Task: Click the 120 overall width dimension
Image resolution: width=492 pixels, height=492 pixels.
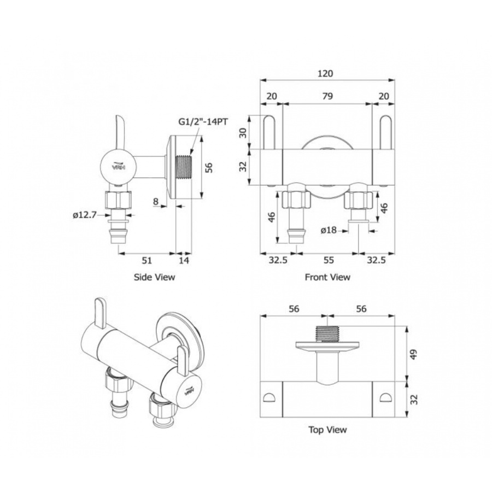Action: [325, 73]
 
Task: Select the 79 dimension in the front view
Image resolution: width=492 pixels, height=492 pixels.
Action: [327, 96]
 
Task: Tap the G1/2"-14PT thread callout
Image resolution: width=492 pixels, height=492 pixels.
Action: [203, 122]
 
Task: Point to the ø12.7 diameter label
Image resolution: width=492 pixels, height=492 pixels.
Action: [84, 215]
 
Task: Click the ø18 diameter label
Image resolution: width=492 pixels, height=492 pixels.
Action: [329, 230]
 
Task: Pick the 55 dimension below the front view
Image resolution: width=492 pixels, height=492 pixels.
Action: [328, 260]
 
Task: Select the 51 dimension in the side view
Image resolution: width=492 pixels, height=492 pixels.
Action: [147, 260]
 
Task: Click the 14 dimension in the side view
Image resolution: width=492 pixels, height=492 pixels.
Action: [184, 260]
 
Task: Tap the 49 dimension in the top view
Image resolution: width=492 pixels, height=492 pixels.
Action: [414, 354]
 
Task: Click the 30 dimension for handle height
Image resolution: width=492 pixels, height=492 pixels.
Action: [243, 133]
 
